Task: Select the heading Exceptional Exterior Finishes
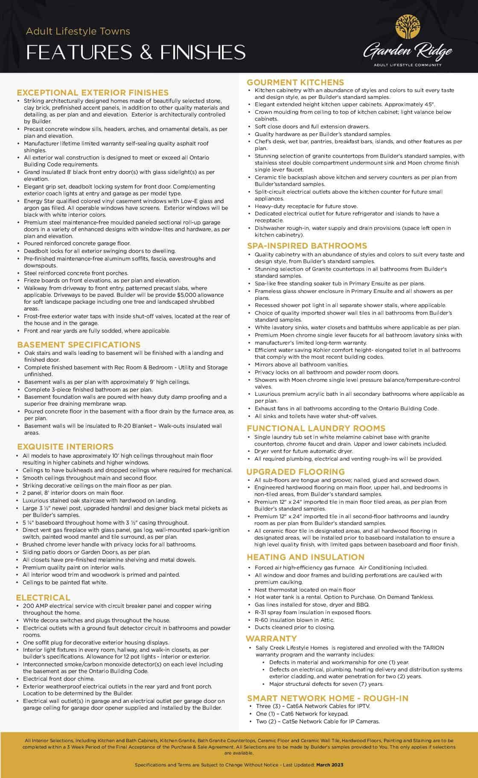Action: pyautogui.click(x=93, y=93)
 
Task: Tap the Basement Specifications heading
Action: pyautogui.click(x=79, y=345)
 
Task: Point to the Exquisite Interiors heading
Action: pyautogui.click(x=65, y=447)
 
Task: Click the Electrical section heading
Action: pyautogui.click(x=43, y=598)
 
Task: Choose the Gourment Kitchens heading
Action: pyautogui.click(x=295, y=82)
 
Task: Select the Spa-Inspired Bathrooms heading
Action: pyautogui.click(x=307, y=246)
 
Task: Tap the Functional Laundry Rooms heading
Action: pyautogui.click(x=316, y=428)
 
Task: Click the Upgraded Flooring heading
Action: pyautogui.click(x=296, y=472)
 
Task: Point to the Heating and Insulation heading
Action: pyautogui.click(x=306, y=557)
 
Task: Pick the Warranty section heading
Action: pyautogui.click(x=271, y=639)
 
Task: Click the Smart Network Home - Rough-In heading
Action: pyautogui.click(x=328, y=698)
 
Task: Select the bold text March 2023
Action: pyautogui.click(x=329, y=765)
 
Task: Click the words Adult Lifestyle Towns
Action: pyautogui.click(x=78, y=31)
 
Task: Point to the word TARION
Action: pyautogui.click(x=434, y=647)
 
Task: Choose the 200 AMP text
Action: pyautogui.click(x=35, y=606)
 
